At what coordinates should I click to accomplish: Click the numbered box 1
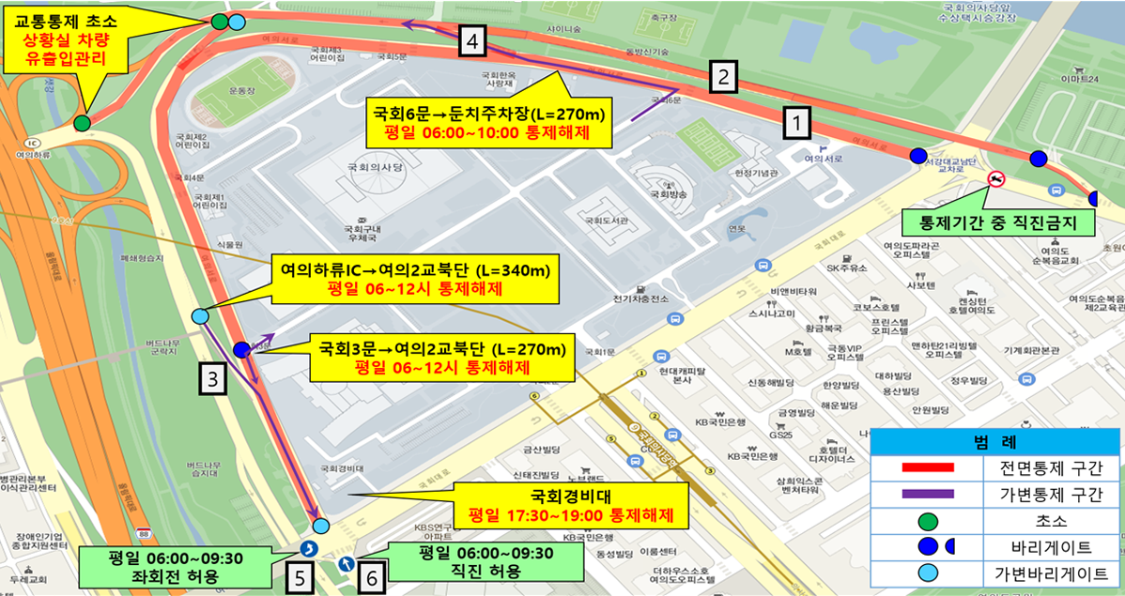click(795, 121)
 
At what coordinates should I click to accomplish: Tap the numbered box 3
click(213, 379)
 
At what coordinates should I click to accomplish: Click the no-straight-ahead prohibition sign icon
click(996, 177)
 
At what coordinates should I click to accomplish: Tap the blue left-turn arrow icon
click(308, 550)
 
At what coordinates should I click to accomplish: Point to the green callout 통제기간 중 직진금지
click(987, 222)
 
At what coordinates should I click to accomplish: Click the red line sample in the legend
click(928, 467)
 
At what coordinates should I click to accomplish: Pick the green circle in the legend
click(929, 520)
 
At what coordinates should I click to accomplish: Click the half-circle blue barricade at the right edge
click(1095, 198)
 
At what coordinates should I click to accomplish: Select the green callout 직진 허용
click(472, 561)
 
